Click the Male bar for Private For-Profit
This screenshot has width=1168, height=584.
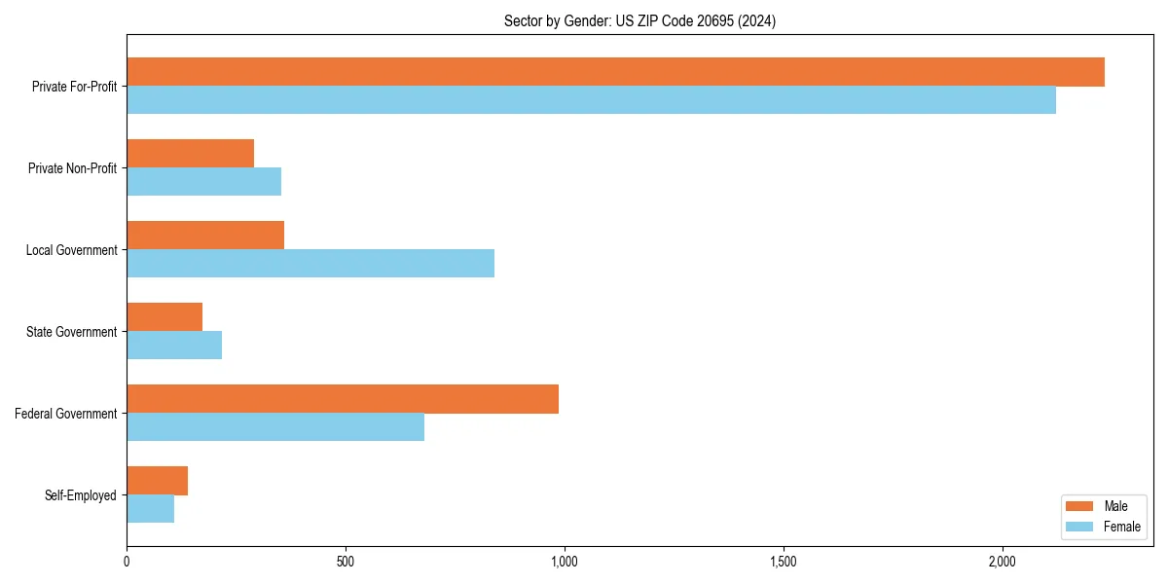(615, 72)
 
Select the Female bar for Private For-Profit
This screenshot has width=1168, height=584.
(591, 100)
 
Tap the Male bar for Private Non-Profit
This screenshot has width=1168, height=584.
(190, 154)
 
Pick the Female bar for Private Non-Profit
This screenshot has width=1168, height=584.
(203, 182)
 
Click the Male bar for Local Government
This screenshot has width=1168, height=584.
(205, 236)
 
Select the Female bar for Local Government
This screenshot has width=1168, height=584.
(310, 264)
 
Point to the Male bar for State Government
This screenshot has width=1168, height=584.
(164, 317)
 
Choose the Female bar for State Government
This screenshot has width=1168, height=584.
(174, 346)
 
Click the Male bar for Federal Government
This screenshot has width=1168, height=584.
(343, 399)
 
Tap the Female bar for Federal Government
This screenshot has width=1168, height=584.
(275, 427)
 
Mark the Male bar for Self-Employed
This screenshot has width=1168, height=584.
(157, 481)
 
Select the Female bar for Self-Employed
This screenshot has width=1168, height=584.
(150, 509)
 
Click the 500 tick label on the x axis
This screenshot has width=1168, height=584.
(345, 562)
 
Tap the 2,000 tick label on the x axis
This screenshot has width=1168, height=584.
(1002, 562)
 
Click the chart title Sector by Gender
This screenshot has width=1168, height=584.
(639, 20)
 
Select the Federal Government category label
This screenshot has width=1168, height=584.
(65, 414)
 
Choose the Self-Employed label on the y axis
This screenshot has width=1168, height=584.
(80, 495)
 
